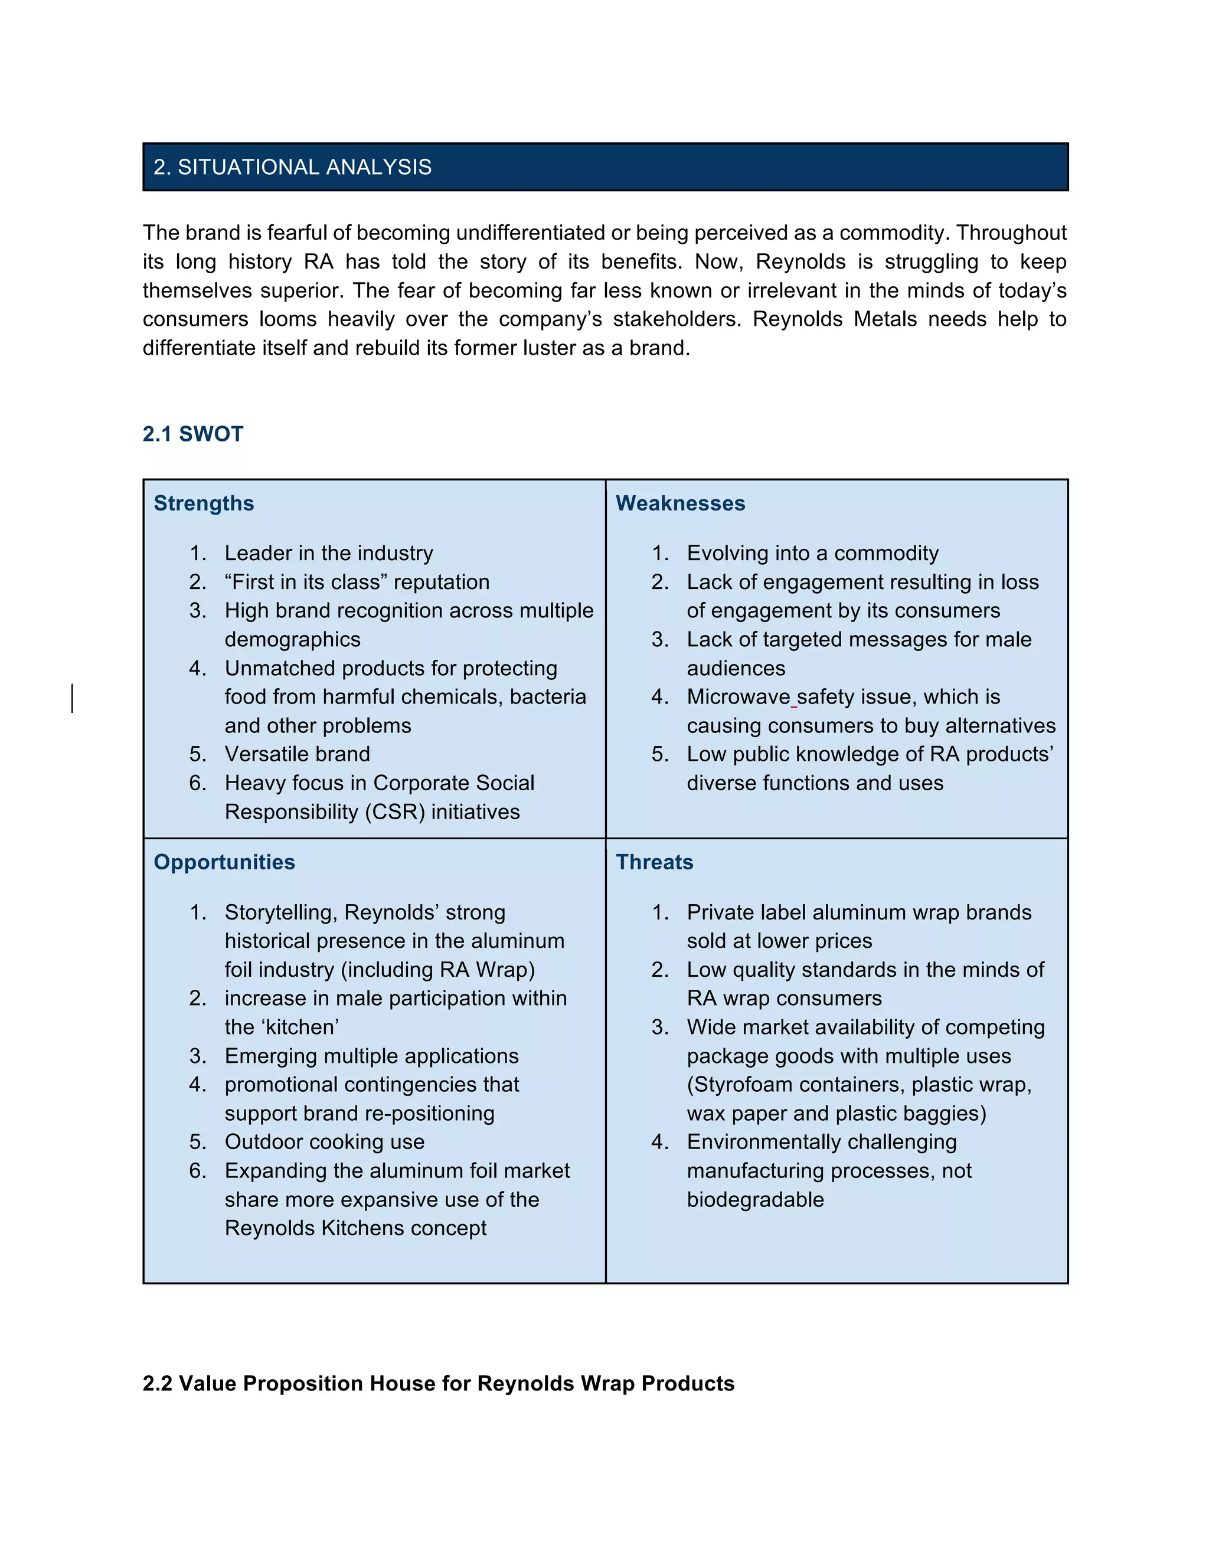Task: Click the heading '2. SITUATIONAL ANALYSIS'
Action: pos(292,168)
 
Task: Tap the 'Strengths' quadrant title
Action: pos(204,503)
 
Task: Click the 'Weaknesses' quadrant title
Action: pos(681,503)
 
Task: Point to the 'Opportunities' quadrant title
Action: pos(224,862)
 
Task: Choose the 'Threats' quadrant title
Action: pos(655,862)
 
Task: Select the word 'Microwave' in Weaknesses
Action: pos(738,697)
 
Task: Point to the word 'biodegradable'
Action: pos(755,1199)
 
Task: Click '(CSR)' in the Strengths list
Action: pos(397,812)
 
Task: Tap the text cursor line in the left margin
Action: pos(73,698)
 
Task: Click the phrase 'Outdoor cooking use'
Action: pos(325,1142)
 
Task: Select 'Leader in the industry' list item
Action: pos(329,554)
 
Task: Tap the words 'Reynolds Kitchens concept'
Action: pos(355,1228)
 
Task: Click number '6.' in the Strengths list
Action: pos(198,783)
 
